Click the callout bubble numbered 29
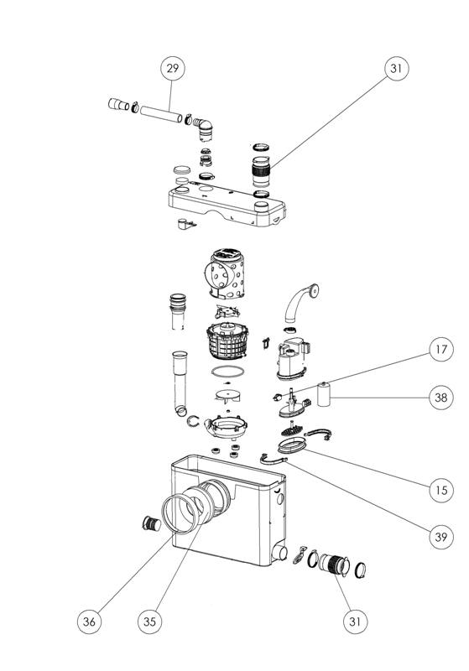172,68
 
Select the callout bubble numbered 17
440,349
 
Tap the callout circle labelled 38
440,398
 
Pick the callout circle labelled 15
440,490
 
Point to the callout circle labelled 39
440,536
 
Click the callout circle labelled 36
89,621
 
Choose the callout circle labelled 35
150,621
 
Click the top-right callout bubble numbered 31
396,68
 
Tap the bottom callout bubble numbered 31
355,621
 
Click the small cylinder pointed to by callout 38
325,393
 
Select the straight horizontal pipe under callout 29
161,113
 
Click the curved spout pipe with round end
300,302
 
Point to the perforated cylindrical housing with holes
226,273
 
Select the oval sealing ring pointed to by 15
292,445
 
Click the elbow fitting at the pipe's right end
204,128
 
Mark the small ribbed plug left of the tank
151,523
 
